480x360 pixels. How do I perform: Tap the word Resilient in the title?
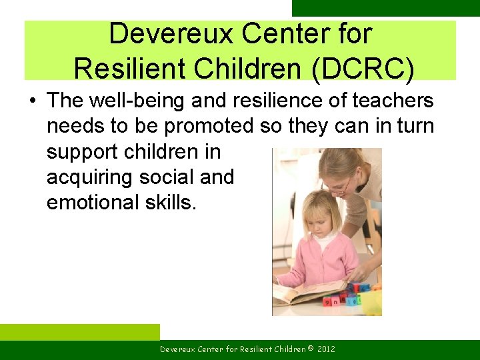click(121, 67)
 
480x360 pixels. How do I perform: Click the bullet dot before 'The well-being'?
click(32, 101)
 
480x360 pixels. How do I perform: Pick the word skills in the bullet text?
click(171, 202)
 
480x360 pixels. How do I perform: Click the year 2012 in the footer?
click(325, 349)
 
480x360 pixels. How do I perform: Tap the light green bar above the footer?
click(80, 331)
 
